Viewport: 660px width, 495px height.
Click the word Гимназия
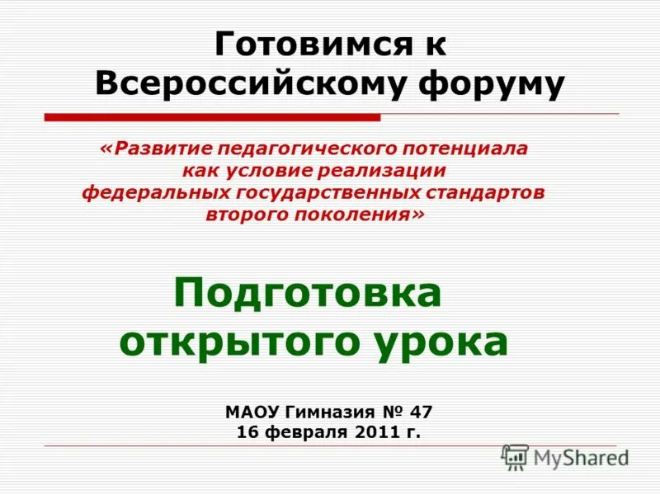point(323,412)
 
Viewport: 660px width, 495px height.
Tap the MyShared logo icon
point(515,456)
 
